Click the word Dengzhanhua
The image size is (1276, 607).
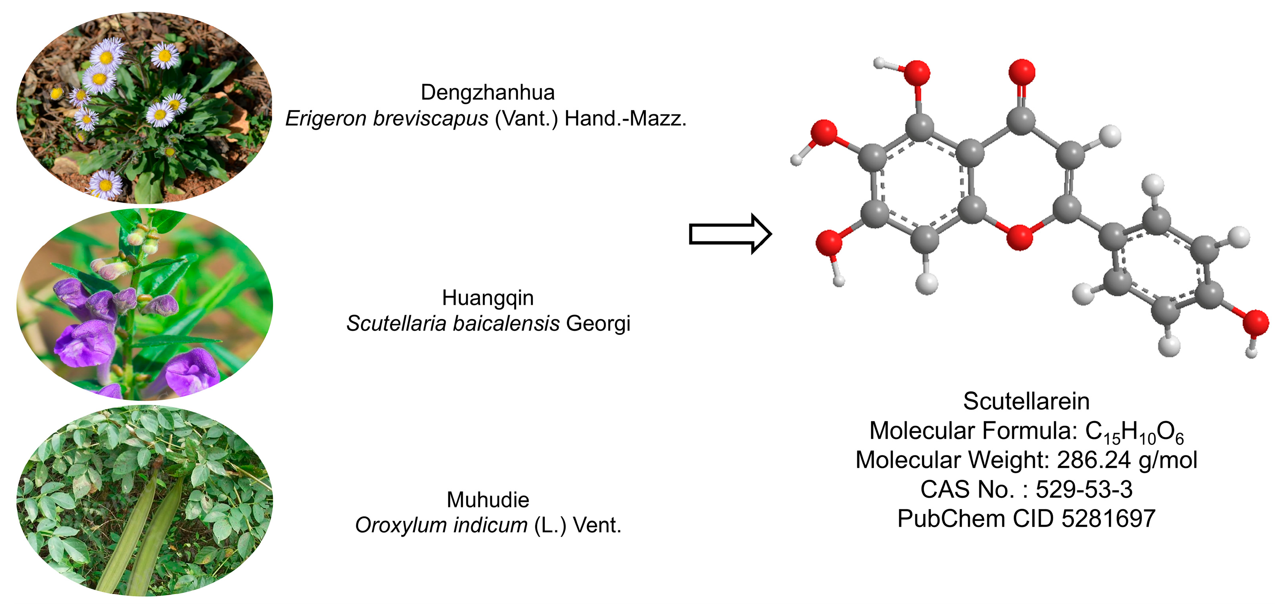click(x=487, y=92)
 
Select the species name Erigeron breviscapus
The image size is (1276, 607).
click(x=386, y=119)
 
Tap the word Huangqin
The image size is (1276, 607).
click(x=487, y=298)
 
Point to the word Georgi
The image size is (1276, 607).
click(x=598, y=324)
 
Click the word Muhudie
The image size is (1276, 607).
click(x=487, y=500)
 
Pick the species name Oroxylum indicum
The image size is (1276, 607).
click(x=441, y=525)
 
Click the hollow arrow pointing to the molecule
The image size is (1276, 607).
click(x=730, y=234)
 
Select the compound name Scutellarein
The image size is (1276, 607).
click(x=1026, y=402)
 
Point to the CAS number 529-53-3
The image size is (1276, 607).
click(x=1084, y=490)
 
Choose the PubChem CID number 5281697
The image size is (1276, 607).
click(x=1108, y=519)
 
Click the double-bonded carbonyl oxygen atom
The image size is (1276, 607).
click(x=1022, y=72)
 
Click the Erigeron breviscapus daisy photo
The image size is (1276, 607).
click(x=144, y=108)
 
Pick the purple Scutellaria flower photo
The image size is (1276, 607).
click(x=144, y=304)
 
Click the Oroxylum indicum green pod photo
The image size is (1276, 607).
click(x=144, y=500)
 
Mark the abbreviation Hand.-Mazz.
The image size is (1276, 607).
click(x=625, y=119)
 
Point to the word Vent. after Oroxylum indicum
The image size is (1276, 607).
click(x=597, y=525)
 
